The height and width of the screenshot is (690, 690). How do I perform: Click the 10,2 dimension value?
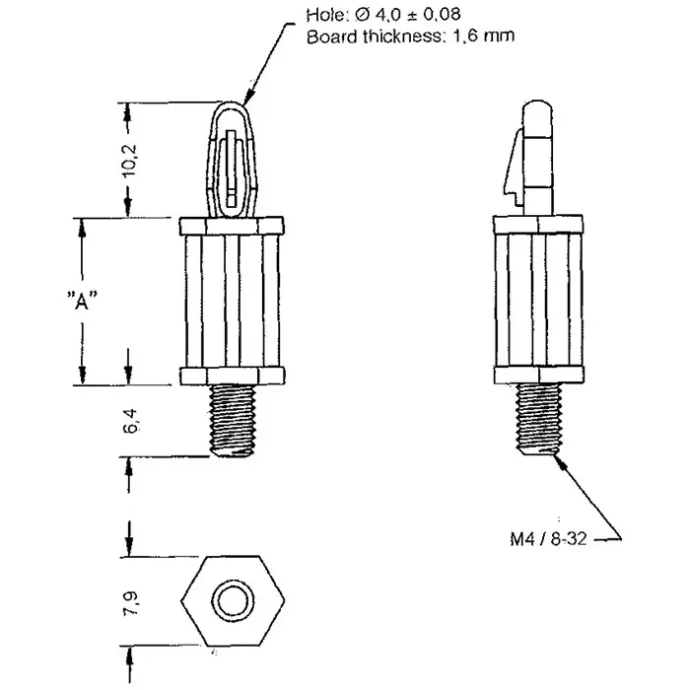click(x=130, y=161)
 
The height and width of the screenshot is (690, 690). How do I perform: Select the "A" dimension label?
click(x=82, y=301)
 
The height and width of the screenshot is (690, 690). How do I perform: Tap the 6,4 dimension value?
click(x=131, y=421)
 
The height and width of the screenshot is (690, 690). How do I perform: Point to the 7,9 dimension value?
click(x=131, y=603)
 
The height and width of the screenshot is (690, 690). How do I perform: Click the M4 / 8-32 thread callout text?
click(x=548, y=538)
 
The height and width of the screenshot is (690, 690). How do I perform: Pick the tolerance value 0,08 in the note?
click(x=441, y=15)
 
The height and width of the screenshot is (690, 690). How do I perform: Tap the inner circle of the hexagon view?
click(x=233, y=600)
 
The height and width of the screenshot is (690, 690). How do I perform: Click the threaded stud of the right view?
click(x=538, y=419)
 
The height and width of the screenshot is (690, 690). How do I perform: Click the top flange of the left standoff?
click(x=232, y=226)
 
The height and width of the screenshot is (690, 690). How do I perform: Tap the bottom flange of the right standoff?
click(x=538, y=375)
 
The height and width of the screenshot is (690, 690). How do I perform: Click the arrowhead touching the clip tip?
click(x=249, y=99)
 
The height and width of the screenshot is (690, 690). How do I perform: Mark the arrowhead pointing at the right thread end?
click(x=559, y=460)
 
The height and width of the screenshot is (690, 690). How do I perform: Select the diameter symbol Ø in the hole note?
click(x=362, y=15)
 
